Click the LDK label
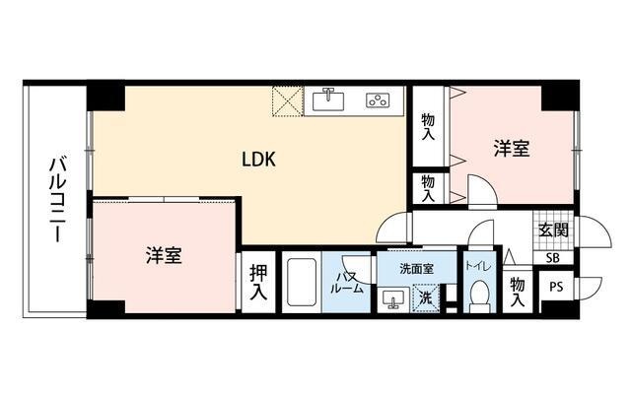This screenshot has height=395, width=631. [258, 160]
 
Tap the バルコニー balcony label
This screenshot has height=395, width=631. [57, 200]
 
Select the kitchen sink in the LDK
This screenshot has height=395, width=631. [328, 99]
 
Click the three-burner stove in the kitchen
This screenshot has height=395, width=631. [378, 100]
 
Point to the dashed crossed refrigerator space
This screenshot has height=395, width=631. [288, 101]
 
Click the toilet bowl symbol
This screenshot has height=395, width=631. [479, 295]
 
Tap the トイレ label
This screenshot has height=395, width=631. [478, 266]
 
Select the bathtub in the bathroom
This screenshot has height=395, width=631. [301, 283]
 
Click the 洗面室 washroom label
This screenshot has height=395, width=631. [416, 269]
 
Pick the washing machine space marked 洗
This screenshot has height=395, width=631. [425, 298]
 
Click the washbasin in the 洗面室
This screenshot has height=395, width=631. [393, 298]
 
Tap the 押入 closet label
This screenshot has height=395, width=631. [258, 282]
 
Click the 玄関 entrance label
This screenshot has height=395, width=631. [553, 230]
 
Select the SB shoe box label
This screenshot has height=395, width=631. [553, 258]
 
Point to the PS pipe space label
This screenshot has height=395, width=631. [556, 288]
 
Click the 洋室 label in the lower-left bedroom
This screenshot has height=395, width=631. [164, 255]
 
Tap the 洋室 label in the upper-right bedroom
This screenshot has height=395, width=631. [512, 148]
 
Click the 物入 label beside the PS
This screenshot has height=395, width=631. [517, 292]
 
